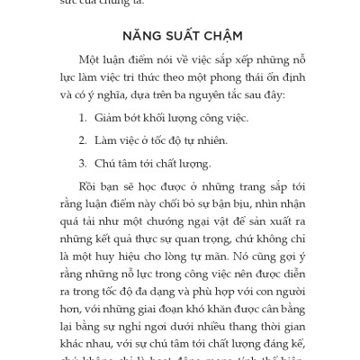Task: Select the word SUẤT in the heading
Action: coord(183,40)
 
